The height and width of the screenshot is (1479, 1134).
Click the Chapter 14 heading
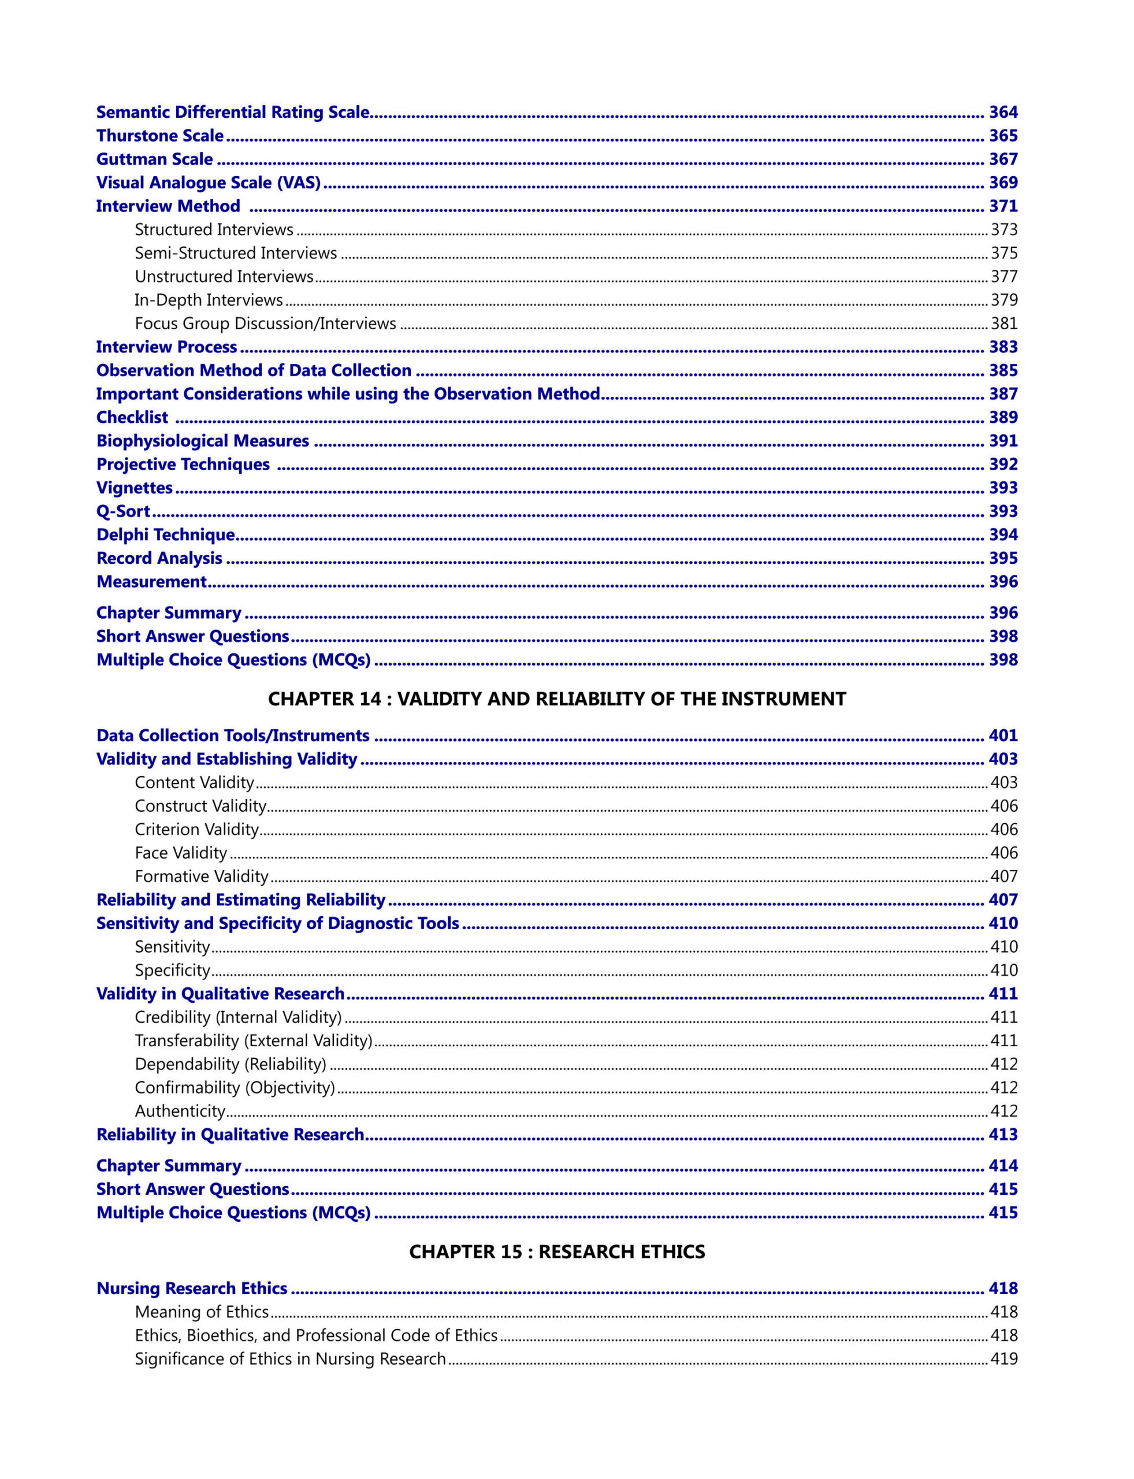tap(557, 698)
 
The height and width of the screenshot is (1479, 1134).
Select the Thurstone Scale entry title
tap(160, 136)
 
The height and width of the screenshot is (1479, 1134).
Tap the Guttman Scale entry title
tap(155, 159)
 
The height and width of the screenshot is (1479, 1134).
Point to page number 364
tap(1003, 112)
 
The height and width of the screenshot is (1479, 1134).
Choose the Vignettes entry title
tap(135, 488)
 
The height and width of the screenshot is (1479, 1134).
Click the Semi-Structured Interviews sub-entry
tap(236, 253)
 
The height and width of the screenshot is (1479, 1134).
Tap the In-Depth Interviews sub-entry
tap(209, 300)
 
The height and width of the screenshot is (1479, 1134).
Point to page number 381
tap(1003, 324)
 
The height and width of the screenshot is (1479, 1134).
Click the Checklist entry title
tap(132, 417)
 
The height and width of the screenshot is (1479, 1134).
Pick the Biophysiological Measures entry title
tap(203, 441)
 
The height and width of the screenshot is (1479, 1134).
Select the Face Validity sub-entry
tap(181, 853)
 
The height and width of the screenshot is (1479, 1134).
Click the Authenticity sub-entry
tap(180, 1110)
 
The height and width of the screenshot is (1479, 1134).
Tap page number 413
tap(1003, 1134)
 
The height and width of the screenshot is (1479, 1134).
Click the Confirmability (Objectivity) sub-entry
tap(235, 1087)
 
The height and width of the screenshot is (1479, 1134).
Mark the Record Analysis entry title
tap(159, 558)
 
